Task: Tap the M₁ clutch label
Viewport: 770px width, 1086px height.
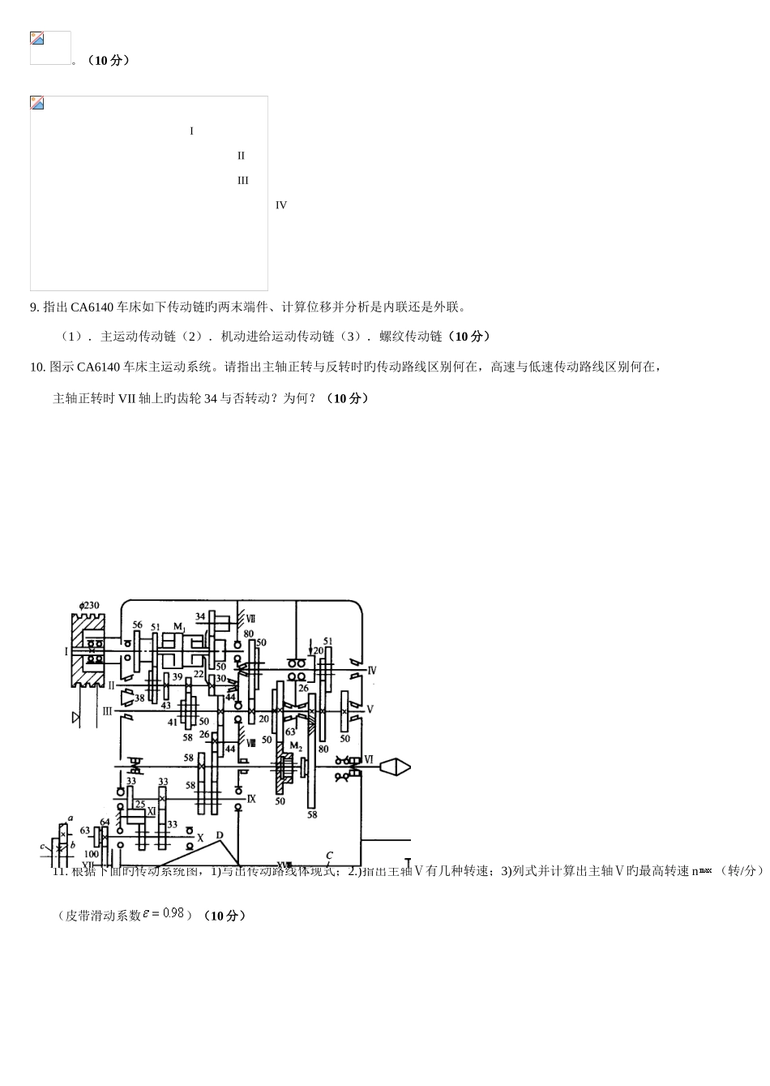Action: (x=179, y=626)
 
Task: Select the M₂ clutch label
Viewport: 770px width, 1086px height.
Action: (x=296, y=746)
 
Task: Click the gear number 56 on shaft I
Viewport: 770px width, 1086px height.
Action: (x=137, y=625)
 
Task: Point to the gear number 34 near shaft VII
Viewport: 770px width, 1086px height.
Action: (x=200, y=617)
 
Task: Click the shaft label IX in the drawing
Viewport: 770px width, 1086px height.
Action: (x=251, y=799)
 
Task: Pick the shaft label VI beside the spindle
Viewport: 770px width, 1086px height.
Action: (x=369, y=760)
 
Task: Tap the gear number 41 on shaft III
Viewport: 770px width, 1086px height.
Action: (x=173, y=722)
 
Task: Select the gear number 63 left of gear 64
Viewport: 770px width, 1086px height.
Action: (x=85, y=831)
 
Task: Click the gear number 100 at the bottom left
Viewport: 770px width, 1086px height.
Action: (x=91, y=854)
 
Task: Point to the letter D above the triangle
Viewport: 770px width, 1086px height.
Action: (x=219, y=835)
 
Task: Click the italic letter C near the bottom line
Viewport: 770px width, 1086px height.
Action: (x=329, y=856)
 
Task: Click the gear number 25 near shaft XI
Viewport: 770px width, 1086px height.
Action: (x=139, y=805)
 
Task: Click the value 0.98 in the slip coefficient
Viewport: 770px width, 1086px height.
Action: (x=173, y=913)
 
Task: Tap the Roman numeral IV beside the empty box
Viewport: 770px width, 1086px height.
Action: (x=281, y=205)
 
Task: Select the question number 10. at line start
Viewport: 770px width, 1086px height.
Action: (x=37, y=367)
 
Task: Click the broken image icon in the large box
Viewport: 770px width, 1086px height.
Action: (x=37, y=103)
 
